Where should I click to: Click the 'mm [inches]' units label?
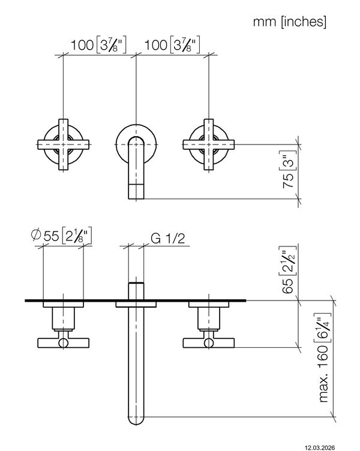point(289,22)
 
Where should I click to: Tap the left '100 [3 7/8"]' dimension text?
point(98,45)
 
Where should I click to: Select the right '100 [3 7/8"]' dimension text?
point(172,45)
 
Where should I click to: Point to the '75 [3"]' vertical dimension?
point(289,170)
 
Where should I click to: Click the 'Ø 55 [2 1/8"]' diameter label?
point(62,236)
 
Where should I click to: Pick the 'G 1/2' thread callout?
point(168,239)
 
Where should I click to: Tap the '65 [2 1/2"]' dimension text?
point(289,270)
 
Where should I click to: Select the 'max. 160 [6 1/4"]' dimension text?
point(325,357)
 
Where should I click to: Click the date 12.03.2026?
point(320,447)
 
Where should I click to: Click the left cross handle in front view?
point(64,145)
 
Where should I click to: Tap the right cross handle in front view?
point(209,145)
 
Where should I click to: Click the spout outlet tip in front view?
point(136,191)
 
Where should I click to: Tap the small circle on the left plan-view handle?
point(64,343)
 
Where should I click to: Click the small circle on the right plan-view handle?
point(209,343)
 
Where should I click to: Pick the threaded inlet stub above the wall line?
point(136,291)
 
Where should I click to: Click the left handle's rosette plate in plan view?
point(64,304)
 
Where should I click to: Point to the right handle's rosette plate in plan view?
point(209,304)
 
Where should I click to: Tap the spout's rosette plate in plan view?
point(136,304)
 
